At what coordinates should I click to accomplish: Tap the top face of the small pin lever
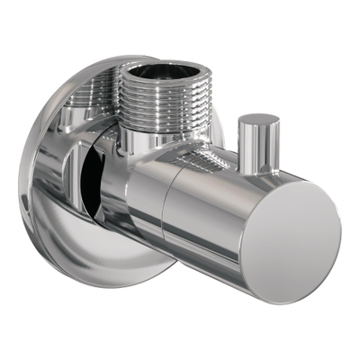click(x=259, y=120)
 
